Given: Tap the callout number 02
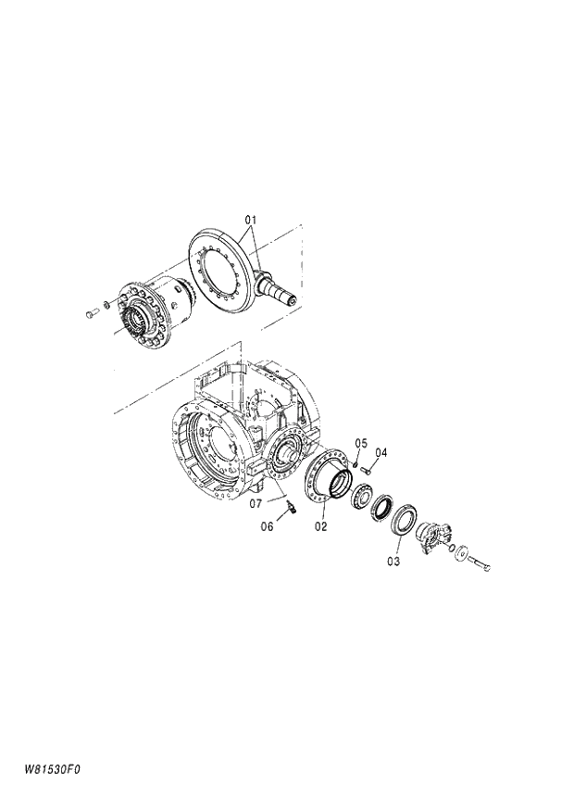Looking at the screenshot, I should [x=321, y=526].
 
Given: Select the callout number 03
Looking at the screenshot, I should [x=393, y=562].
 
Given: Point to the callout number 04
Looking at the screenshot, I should [x=381, y=452].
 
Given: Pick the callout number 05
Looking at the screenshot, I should [x=361, y=442].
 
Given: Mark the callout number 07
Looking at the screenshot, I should [x=255, y=504].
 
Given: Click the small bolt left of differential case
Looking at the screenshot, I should [x=91, y=313].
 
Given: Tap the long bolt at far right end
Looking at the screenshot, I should [x=478, y=562].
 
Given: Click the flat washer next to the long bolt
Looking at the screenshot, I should [x=460, y=553].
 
